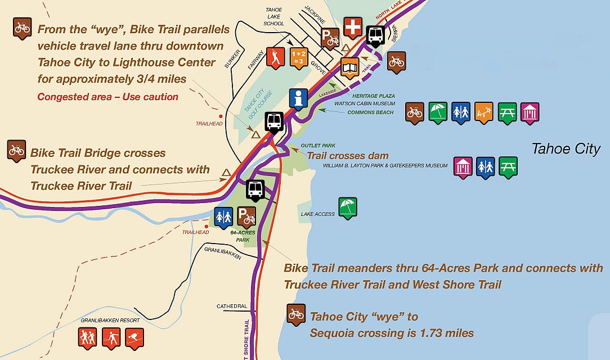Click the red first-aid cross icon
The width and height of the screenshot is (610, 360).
coord(353,27)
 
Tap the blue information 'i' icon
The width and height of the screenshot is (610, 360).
coord(298,98)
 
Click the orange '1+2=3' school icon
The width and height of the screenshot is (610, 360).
coord(298,57)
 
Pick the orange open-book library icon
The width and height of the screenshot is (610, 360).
coord(350,67)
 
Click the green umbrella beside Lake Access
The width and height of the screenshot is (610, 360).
coord(347,207)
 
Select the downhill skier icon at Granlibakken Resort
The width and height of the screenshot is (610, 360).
coord(134,337)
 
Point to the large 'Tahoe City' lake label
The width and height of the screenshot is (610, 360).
coord(566,149)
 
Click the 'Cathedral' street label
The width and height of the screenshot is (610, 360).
coord(232,307)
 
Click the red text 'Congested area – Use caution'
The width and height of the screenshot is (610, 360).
coord(108,97)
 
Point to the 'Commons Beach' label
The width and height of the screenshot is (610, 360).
coord(370,112)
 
